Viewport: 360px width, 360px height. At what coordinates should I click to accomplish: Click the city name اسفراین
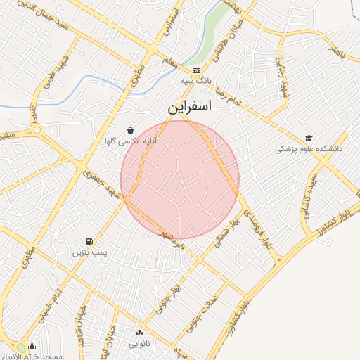(x=189, y=108)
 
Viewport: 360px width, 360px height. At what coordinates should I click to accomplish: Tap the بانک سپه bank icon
(x=196, y=70)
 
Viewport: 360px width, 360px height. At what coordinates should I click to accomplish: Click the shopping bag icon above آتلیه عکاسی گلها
(x=130, y=130)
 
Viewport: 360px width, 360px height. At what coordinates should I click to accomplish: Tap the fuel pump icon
(x=89, y=240)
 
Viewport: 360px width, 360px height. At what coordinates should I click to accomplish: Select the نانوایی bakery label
(x=139, y=345)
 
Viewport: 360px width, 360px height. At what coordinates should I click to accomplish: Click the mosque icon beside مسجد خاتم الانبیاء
(x=32, y=347)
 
